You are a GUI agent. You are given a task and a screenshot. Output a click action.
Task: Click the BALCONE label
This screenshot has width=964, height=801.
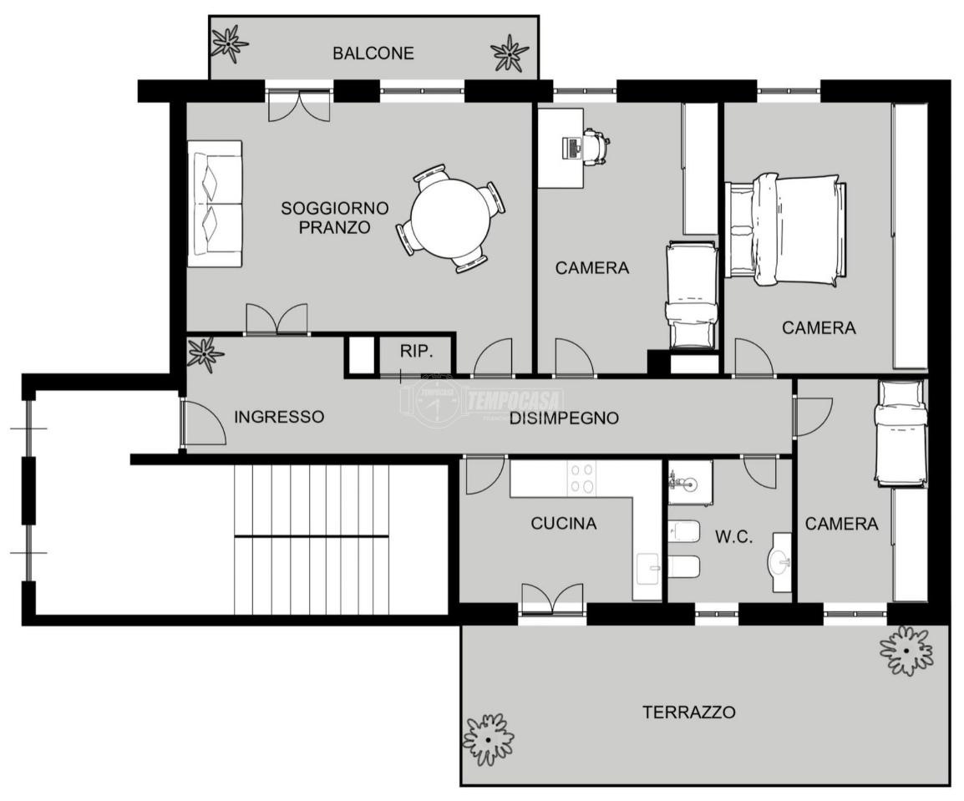click(x=373, y=53)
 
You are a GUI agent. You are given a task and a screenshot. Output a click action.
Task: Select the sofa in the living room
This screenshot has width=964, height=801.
click(x=215, y=204)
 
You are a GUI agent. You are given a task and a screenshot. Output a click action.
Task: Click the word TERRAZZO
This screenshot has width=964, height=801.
click(x=688, y=712)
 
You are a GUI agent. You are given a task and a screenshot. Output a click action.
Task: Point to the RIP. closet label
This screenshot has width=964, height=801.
click(x=417, y=352)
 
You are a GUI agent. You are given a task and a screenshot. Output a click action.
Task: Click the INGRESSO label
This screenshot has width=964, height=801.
click(x=279, y=417)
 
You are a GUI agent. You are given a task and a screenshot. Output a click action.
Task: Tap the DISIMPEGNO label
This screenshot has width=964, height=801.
click(x=565, y=418)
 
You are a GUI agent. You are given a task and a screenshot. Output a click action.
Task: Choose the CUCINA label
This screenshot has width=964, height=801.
click(x=564, y=523)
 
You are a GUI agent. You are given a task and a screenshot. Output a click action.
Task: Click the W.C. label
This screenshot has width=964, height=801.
click(x=733, y=537)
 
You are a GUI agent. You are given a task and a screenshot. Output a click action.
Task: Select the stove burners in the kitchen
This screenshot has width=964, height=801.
click(x=582, y=479)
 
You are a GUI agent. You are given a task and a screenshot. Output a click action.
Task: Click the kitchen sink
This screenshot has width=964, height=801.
click(x=647, y=569)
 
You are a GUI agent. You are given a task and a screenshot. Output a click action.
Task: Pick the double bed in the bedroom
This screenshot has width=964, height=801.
click(x=786, y=229)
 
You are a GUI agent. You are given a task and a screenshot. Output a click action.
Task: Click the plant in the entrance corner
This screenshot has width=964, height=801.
click(x=205, y=353)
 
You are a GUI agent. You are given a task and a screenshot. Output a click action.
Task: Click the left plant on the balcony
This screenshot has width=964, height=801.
click(x=229, y=44)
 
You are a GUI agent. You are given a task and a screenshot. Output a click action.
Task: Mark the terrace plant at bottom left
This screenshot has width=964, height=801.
click(x=488, y=740)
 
